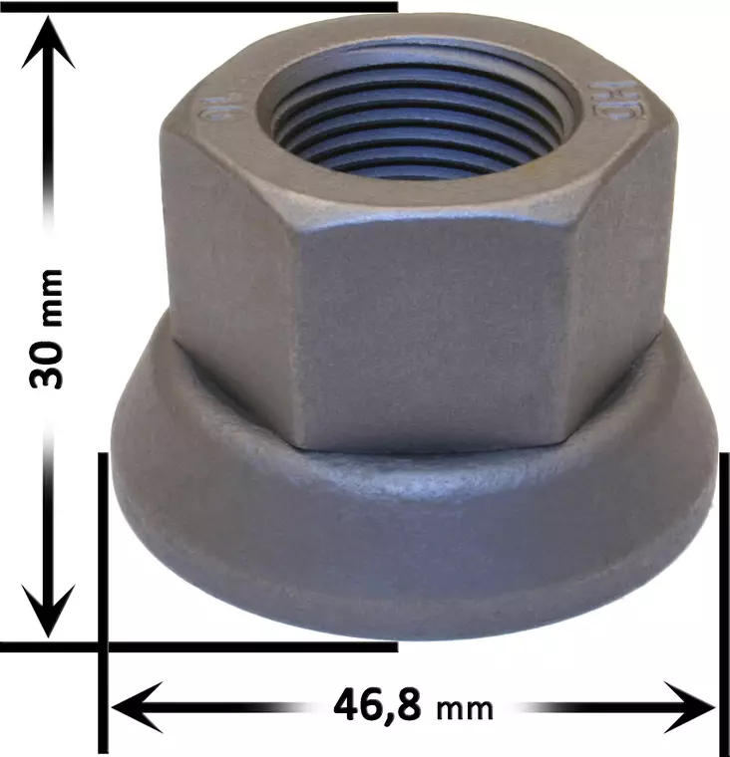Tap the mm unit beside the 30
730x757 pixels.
pos(49,299)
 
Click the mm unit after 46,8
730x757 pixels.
pos(465,708)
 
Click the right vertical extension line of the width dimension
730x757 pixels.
pos(718,598)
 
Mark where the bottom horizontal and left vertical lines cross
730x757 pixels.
pos(103,646)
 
